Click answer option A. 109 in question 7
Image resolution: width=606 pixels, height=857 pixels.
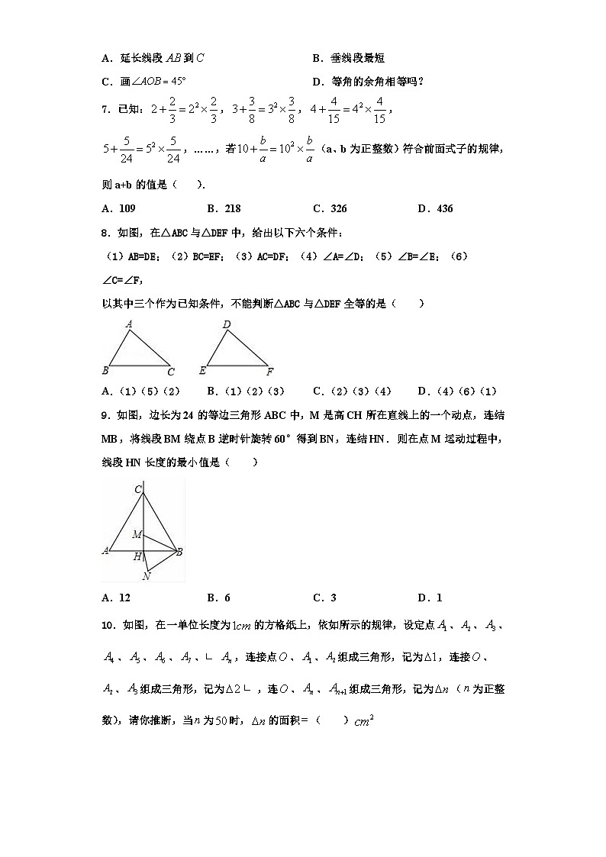tap(118, 208)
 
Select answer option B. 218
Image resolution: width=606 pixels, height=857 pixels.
tap(224, 208)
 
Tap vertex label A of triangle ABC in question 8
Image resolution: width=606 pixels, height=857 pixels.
tap(130, 324)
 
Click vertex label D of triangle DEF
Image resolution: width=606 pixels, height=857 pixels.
tap(227, 324)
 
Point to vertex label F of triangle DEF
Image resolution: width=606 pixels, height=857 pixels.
tap(270, 372)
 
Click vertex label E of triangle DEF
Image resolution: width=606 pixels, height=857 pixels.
tap(202, 372)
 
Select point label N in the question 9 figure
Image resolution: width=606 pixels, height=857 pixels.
tap(146, 576)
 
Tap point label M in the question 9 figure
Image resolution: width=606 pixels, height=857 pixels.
tap(137, 534)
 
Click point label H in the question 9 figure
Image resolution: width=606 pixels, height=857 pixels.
tap(137, 557)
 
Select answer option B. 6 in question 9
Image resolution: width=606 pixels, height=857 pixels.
tap(218, 598)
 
